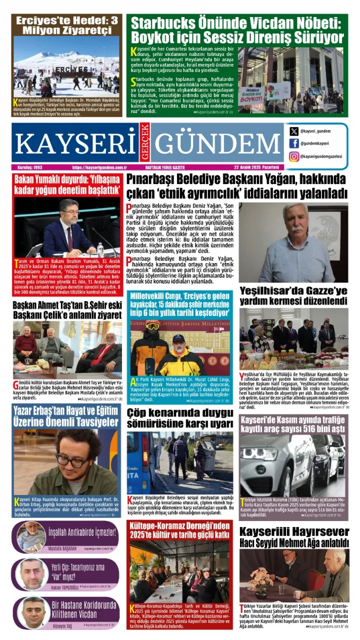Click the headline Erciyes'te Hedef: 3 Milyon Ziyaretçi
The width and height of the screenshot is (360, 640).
66,25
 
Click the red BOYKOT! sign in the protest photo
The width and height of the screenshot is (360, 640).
251,98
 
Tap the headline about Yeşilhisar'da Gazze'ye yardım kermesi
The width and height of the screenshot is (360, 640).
293,295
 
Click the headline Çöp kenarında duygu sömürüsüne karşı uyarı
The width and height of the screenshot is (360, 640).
179,419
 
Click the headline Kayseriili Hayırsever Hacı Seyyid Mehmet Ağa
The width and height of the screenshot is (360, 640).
293,536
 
